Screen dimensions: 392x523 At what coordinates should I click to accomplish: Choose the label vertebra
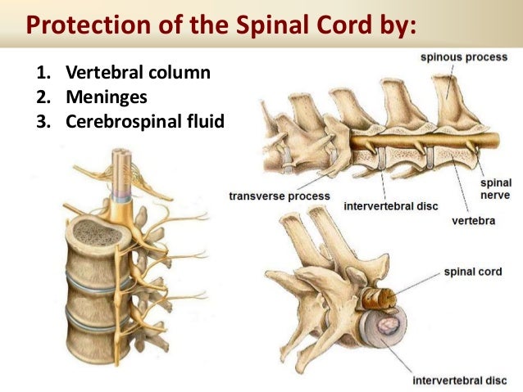pyautogui.click(x=473, y=221)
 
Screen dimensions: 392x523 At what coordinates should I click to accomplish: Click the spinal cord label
pyautogui.click(x=471, y=270)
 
